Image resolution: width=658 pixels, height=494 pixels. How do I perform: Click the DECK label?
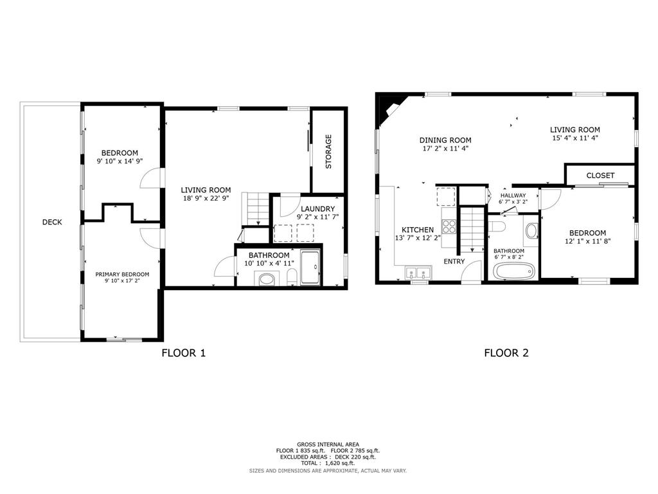52,222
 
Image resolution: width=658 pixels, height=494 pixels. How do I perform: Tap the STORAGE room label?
328,152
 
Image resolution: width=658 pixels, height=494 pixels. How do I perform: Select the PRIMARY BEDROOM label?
122,274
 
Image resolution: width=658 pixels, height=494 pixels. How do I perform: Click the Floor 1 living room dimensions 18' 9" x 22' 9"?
206,198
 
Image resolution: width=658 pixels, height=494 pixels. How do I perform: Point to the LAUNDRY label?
317,209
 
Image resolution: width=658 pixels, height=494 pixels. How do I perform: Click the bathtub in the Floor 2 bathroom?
514,271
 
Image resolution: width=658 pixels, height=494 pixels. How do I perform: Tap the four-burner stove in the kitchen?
449,226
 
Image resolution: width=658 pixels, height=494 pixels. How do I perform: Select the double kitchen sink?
418,273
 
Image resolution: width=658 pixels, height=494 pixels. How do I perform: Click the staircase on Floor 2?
472,230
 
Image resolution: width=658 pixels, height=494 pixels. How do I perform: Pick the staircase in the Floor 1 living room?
256,209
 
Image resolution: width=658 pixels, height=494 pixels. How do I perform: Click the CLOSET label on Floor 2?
600,175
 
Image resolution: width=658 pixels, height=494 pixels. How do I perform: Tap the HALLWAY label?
513,196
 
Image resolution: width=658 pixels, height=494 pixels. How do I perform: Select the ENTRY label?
454,261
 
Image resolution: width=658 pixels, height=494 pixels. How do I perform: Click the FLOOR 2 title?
506,353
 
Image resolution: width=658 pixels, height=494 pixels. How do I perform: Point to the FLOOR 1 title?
183,353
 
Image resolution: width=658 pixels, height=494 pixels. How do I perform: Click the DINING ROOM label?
445,140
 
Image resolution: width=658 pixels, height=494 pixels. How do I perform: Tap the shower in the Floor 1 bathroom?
310,267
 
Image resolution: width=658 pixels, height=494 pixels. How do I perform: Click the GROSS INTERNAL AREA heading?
328,444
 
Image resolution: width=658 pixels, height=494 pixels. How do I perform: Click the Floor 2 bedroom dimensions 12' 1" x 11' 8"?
587,241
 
